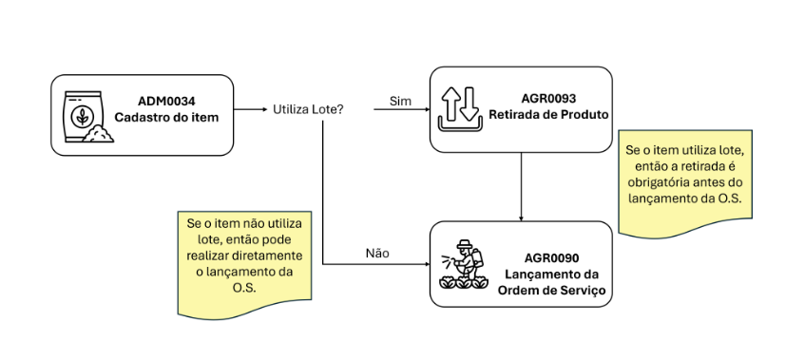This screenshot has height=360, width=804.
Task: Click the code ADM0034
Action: pos(166,100)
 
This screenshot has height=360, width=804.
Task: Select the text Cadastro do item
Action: pos(166,117)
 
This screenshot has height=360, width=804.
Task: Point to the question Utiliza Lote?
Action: pos(308,110)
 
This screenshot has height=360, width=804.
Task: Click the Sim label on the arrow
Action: pos(400,101)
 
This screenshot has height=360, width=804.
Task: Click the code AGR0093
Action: pos(548,99)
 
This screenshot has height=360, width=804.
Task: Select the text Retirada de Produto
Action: pos(548,116)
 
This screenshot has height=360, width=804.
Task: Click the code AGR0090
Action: pos(551,257)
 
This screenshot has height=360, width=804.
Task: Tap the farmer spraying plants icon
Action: pos(462,265)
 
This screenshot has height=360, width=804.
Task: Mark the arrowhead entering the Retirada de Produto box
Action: pos(425,110)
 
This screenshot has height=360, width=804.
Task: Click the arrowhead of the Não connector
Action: pos(425,263)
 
